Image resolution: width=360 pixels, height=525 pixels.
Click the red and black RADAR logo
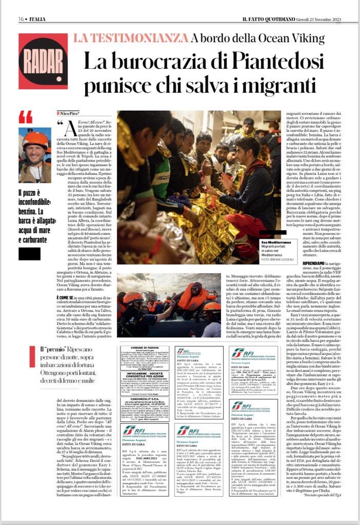pos(43,61)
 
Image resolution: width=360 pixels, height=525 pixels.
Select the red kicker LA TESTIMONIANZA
pos(130,38)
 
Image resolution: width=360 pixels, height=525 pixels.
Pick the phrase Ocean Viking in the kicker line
pos(258,38)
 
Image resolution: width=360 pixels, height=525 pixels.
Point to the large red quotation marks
pos(26,117)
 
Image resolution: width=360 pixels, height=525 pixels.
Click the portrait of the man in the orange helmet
pos(35,155)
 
